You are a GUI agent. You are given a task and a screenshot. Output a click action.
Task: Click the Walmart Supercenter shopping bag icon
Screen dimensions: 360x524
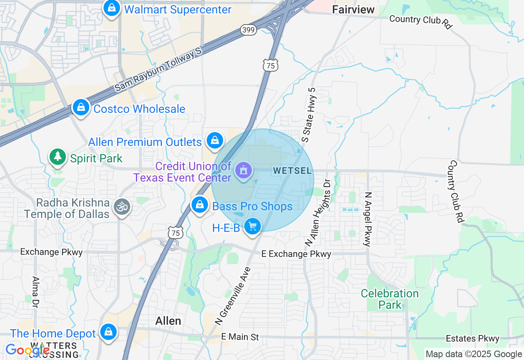coord(111,8)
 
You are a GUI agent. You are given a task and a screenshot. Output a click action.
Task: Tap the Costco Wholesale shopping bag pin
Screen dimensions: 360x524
coord(81,108)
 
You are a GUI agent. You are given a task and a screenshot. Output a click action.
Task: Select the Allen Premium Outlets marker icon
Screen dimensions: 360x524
coord(215,141)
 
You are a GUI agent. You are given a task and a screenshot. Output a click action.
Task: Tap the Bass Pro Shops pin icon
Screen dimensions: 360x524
coord(200,205)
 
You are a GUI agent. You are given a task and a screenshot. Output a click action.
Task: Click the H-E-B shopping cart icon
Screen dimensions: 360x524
coord(252,226)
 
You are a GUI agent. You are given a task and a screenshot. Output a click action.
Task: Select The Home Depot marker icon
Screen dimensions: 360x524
coord(108,332)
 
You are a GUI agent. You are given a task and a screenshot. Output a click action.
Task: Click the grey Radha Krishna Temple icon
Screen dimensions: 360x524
coord(122,207)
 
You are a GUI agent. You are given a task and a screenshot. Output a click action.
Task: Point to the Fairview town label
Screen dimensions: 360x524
coord(353,9)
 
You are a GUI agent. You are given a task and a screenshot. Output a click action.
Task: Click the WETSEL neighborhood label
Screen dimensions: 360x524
coord(292,171)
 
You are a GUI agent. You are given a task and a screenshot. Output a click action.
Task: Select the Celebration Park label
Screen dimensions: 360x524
coord(389,299)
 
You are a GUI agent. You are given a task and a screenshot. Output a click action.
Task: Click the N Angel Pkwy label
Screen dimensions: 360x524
coord(368,219)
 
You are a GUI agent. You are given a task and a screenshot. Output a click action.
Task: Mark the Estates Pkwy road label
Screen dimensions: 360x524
coord(472,338)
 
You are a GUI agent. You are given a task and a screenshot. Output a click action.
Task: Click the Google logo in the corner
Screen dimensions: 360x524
coord(27,350)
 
